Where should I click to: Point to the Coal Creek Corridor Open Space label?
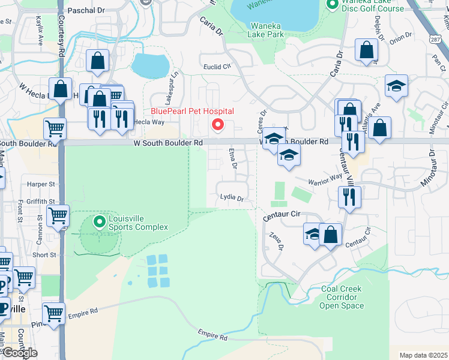click(342, 297)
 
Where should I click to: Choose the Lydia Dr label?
click(232, 197)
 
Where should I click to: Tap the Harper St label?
click(41, 184)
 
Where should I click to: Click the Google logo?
click(19, 353)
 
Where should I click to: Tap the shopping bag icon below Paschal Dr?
click(97, 61)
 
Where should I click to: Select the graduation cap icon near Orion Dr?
click(396, 86)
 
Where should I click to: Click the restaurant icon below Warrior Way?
click(349, 196)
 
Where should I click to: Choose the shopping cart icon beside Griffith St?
click(58, 215)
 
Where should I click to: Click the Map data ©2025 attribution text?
click(423, 355)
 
